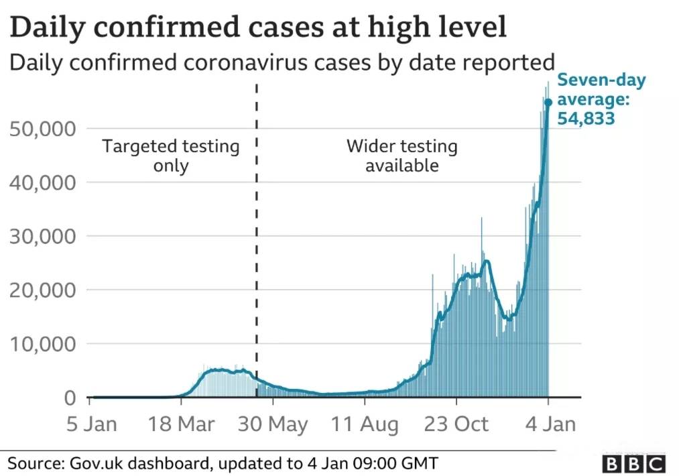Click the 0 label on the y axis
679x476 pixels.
click(70, 398)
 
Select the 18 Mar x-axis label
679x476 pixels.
click(181, 424)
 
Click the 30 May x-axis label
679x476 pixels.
click(273, 424)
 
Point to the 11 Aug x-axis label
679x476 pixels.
click(365, 424)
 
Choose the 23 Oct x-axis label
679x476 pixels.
click(456, 424)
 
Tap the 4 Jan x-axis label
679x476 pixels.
click(548, 424)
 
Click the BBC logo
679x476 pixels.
click(633, 463)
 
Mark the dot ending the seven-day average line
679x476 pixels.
click(548, 102)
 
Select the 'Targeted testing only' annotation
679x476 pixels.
click(170, 156)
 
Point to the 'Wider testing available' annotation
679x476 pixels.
click(402, 156)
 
